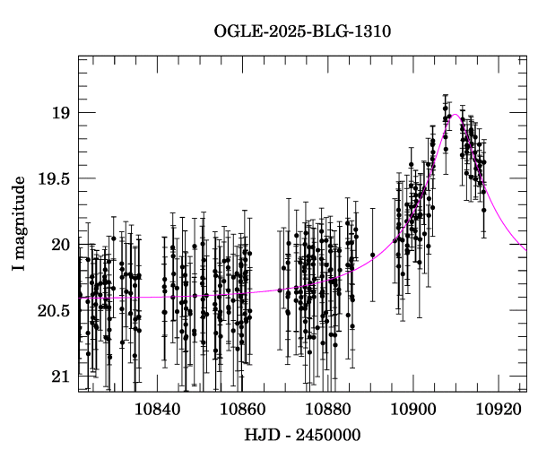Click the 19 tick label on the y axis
click(61, 113)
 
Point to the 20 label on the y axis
click(61, 245)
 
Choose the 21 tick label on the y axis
click(61, 377)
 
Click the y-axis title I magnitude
click(19, 225)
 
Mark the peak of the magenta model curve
click(455, 115)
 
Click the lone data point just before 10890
click(372, 255)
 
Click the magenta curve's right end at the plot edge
click(525, 248)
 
